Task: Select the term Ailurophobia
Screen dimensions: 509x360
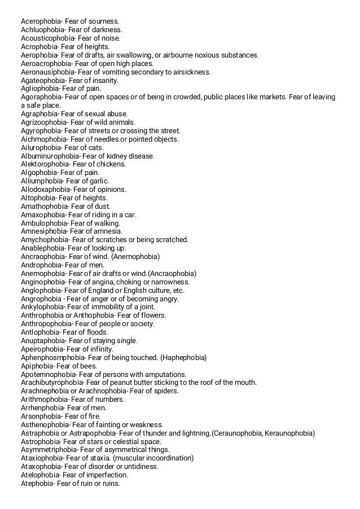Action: [x=41, y=147]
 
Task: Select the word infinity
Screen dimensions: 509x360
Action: [x=100, y=349]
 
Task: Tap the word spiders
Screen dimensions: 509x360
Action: [x=166, y=390]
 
